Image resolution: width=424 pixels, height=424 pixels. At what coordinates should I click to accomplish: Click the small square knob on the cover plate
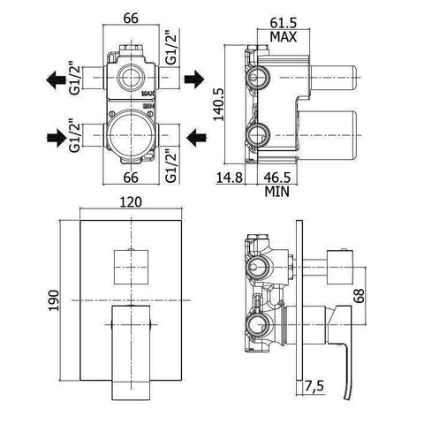pos(132,264)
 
